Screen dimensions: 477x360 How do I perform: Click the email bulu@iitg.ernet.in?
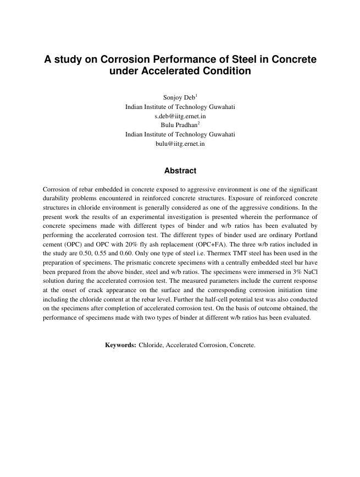point(180,144)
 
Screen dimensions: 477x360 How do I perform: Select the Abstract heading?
point(180,171)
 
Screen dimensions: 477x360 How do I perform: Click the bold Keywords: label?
point(120,345)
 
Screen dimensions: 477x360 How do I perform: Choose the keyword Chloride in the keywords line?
point(151,345)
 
